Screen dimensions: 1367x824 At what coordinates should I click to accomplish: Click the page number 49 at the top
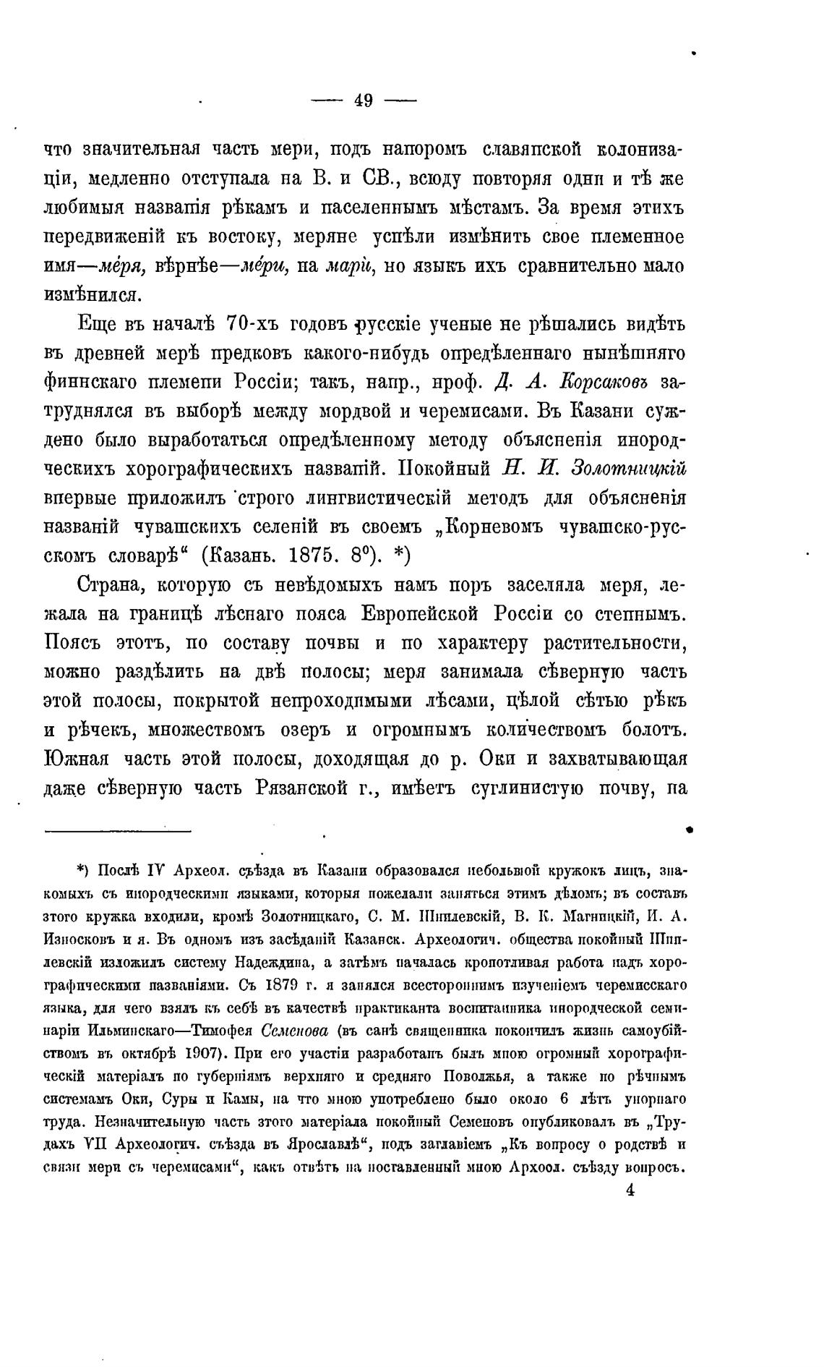click(x=364, y=101)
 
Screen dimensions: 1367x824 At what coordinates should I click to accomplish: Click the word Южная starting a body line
click(x=76, y=759)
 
